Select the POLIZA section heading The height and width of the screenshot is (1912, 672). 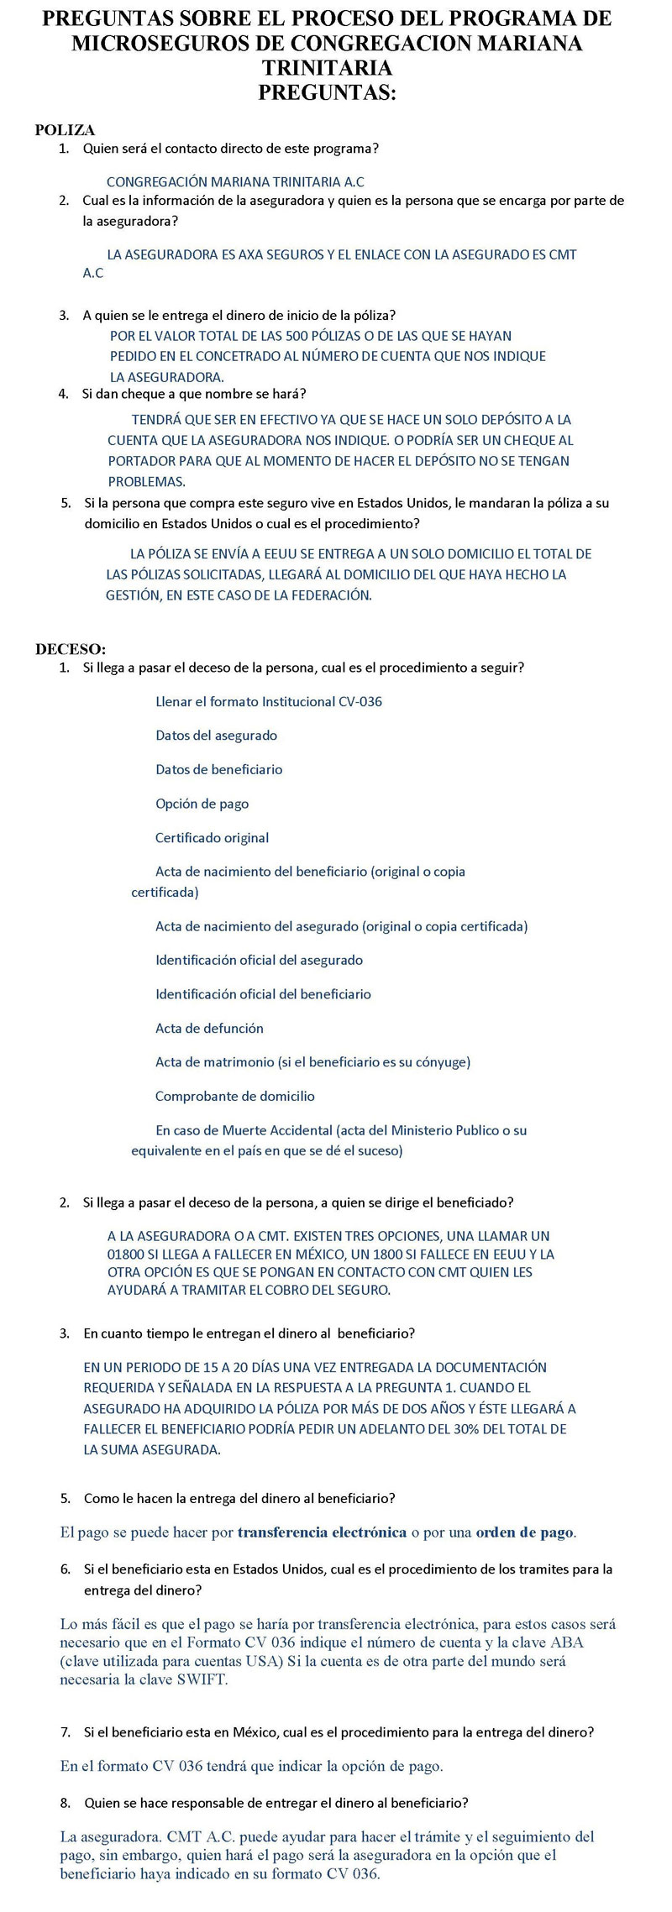[x=65, y=130]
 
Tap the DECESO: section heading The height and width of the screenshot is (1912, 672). [x=71, y=649]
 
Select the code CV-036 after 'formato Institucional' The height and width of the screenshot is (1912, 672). [x=360, y=702]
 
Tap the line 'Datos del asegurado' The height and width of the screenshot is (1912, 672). [x=216, y=736]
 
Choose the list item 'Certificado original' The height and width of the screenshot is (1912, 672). [x=212, y=838]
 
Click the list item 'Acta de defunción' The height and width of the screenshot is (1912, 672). [x=209, y=1029]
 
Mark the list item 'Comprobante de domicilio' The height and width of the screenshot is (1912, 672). [x=234, y=1097]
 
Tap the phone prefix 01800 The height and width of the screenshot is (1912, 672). [x=125, y=1255]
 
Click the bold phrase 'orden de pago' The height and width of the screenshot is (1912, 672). [x=524, y=1532]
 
